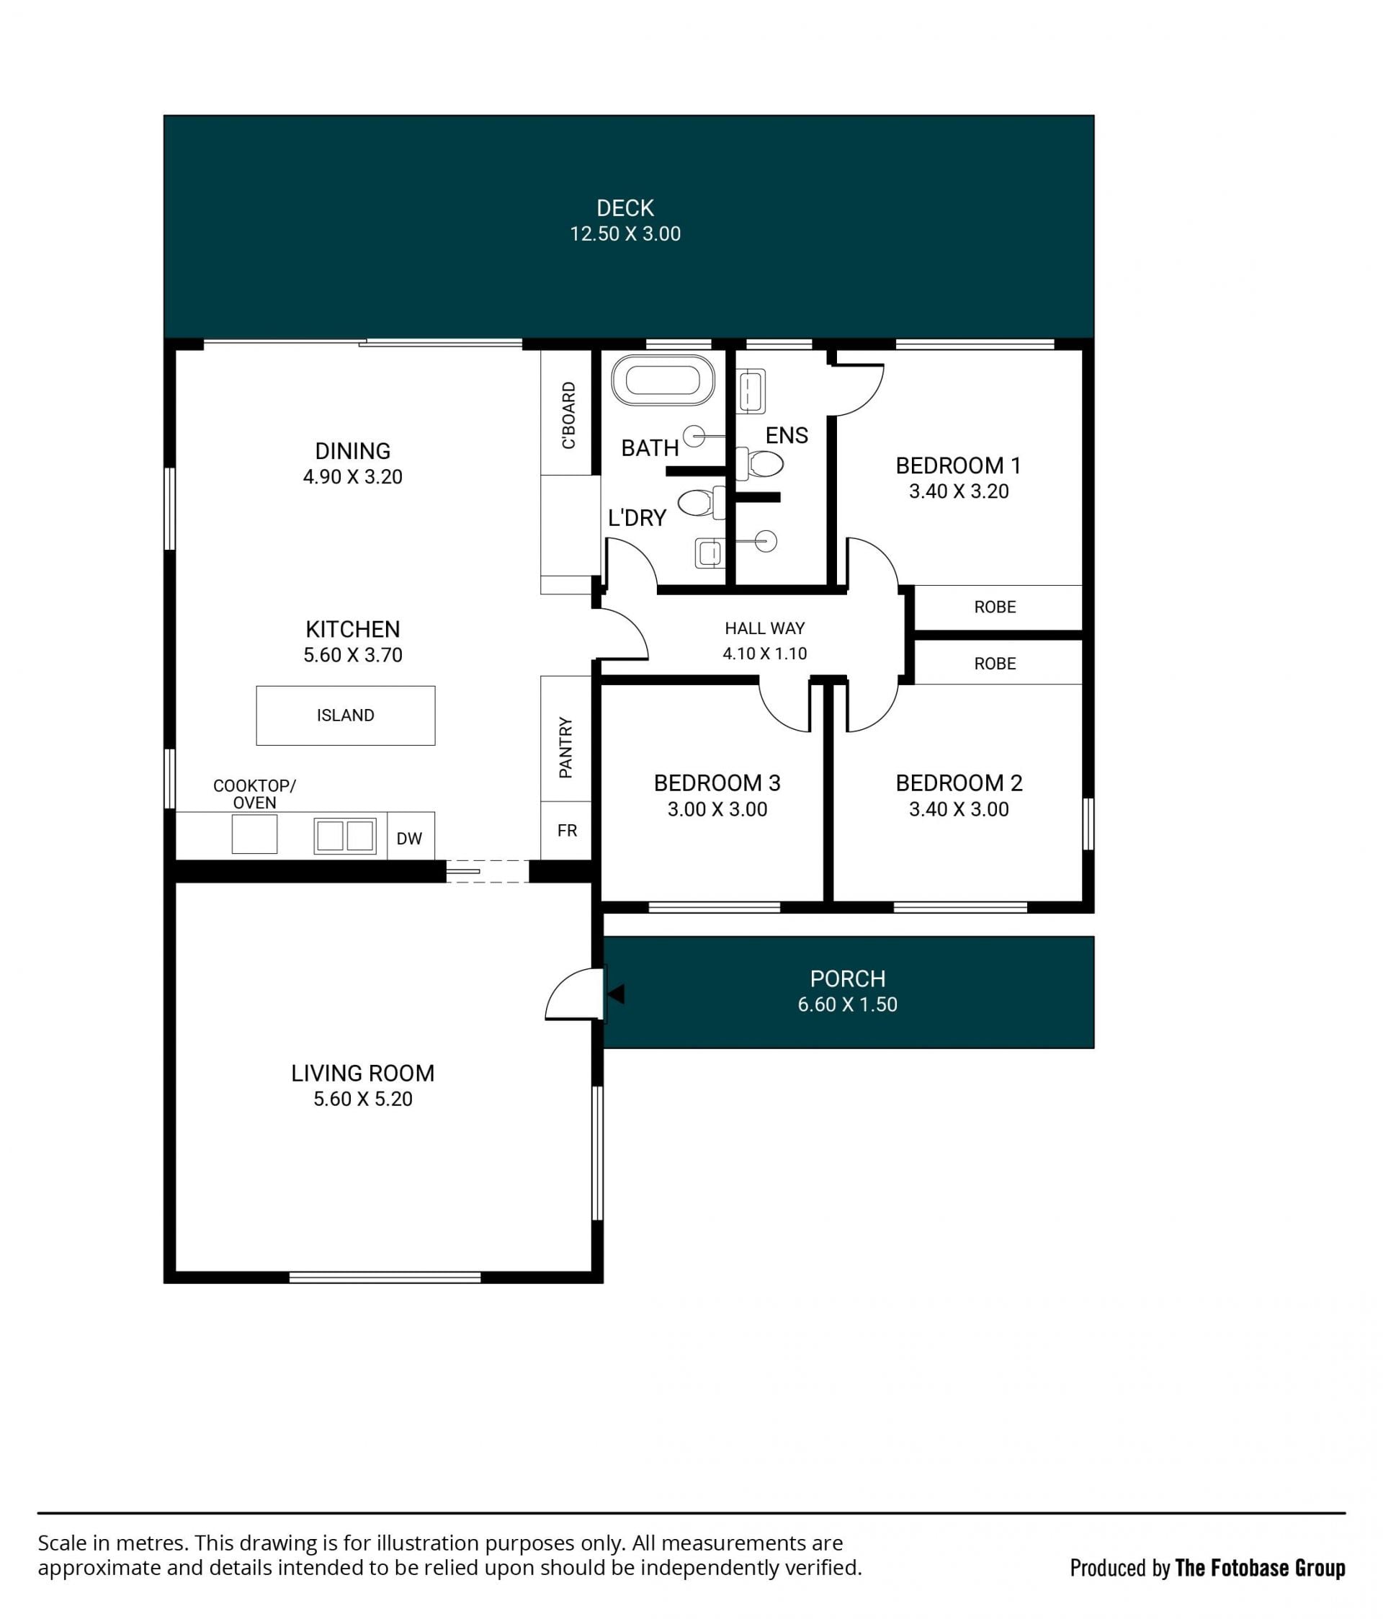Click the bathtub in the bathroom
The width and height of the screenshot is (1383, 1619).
pyautogui.click(x=662, y=380)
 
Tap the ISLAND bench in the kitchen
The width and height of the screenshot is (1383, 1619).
pyautogui.click(x=345, y=715)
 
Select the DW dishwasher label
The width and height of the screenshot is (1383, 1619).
pyautogui.click(x=408, y=839)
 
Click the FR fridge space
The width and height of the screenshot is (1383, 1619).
pyautogui.click(x=566, y=831)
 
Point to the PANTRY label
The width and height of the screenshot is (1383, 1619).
pyautogui.click(x=565, y=748)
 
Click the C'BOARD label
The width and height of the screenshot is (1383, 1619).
pyautogui.click(x=568, y=415)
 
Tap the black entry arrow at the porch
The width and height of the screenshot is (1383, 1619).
pyautogui.click(x=616, y=994)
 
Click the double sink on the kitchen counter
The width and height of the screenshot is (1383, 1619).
pyautogui.click(x=344, y=835)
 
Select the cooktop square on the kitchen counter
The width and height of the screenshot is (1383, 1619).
pyautogui.click(x=255, y=834)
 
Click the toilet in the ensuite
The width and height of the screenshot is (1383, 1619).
pyautogui.click(x=759, y=464)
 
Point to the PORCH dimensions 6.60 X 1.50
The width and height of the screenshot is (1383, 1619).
pyautogui.click(x=847, y=1004)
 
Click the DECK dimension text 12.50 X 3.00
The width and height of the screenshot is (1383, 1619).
pyautogui.click(x=625, y=233)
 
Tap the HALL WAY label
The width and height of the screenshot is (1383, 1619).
pyautogui.click(x=764, y=628)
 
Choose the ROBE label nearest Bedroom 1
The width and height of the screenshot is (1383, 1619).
pyautogui.click(x=995, y=607)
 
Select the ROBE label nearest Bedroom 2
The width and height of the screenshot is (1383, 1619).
pyautogui.click(x=995, y=664)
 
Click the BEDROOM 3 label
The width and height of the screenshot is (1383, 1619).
pyautogui.click(x=717, y=783)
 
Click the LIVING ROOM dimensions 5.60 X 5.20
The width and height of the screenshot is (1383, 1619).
pyautogui.click(x=362, y=1099)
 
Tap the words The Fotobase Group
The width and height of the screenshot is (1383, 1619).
pyautogui.click(x=1260, y=1567)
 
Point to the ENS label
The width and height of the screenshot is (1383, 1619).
pyautogui.click(x=787, y=435)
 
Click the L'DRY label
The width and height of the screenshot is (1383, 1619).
pyautogui.click(x=637, y=517)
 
